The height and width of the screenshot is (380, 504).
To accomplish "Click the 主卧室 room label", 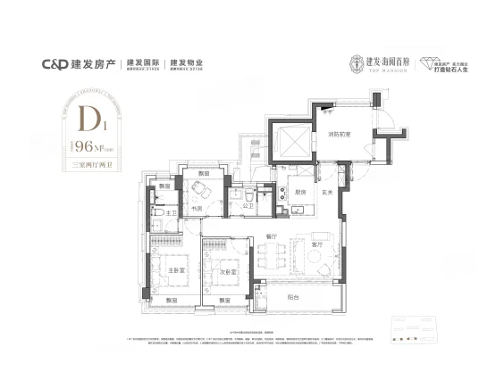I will (x=176, y=268).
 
